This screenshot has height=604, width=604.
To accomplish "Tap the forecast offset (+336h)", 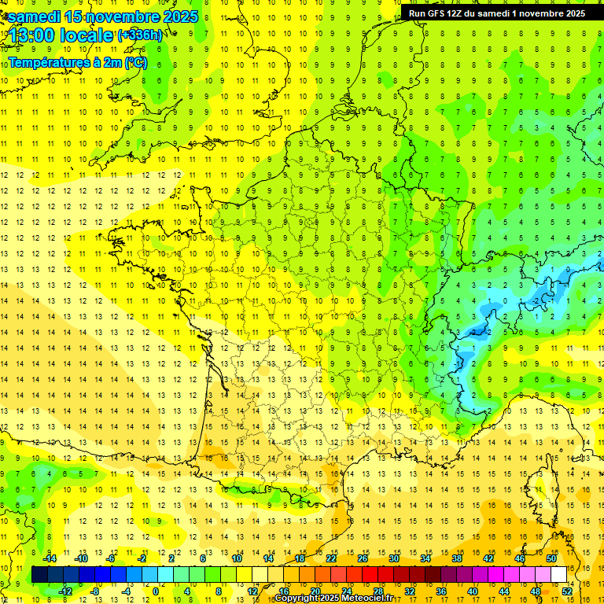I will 140,35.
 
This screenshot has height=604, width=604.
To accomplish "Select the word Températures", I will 45,62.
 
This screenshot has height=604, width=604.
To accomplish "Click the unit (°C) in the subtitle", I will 134,62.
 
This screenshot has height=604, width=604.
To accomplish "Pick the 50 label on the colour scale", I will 551,558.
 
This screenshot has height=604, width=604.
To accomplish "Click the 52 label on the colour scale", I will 567,591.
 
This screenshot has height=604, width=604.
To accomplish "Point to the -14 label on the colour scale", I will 50,558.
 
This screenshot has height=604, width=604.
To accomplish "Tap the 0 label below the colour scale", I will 155,591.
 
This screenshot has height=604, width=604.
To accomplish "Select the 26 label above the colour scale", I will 363,558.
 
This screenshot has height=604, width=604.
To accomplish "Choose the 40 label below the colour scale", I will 472,591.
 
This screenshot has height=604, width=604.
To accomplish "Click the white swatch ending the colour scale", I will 558,574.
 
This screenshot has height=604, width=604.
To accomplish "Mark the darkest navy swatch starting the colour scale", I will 39,574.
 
